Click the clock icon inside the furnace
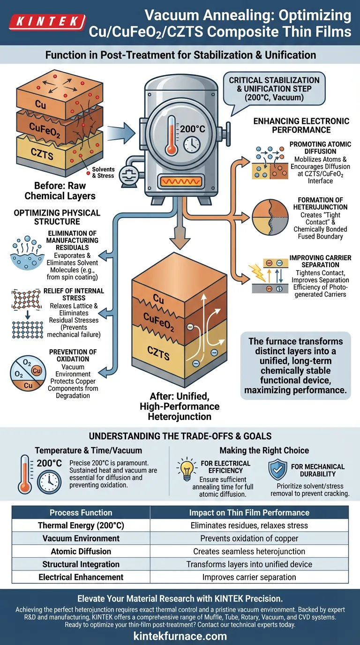(192, 144)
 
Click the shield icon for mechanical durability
(277, 470)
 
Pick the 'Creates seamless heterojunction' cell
(249, 552)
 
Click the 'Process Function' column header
(81, 512)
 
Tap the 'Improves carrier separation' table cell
(249, 577)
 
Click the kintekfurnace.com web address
(180, 636)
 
